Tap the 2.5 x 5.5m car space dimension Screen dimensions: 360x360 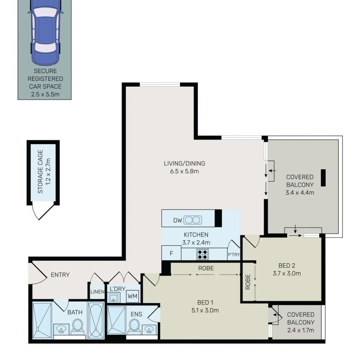(x=45, y=94)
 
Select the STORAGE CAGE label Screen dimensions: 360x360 (x=40, y=172)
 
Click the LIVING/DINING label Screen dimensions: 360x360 (x=184, y=163)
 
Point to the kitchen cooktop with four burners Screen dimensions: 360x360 (x=202, y=254)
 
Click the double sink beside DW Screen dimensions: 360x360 (x=192, y=220)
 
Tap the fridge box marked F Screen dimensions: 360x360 (x=171, y=253)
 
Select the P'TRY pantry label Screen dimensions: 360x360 (x=234, y=255)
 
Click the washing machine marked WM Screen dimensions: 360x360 (x=132, y=296)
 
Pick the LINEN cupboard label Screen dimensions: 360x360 (x=97, y=292)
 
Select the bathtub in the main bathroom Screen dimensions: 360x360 (x=96, y=320)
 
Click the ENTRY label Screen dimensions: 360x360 (x=60, y=275)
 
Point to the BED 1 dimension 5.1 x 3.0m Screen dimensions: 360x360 (x=205, y=310)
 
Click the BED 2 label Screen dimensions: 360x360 (x=287, y=266)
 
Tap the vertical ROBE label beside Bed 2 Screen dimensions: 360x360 (x=248, y=282)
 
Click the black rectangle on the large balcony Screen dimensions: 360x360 (x=323, y=177)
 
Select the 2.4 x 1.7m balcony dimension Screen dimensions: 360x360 (x=300, y=330)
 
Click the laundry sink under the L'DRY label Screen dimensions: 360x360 (x=114, y=298)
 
